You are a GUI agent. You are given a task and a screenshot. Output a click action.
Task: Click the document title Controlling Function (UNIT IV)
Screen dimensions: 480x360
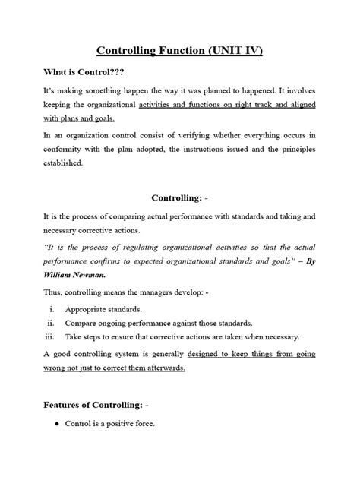pos(180,52)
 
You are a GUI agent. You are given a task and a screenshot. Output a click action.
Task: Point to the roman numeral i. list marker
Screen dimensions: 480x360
pos(52,310)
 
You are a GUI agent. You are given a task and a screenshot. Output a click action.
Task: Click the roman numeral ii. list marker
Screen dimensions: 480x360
pos(51,324)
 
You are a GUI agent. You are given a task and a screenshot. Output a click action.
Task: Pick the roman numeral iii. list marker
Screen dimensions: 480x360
pos(50,337)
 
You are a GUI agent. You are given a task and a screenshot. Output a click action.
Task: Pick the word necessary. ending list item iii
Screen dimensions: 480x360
pos(281,337)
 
